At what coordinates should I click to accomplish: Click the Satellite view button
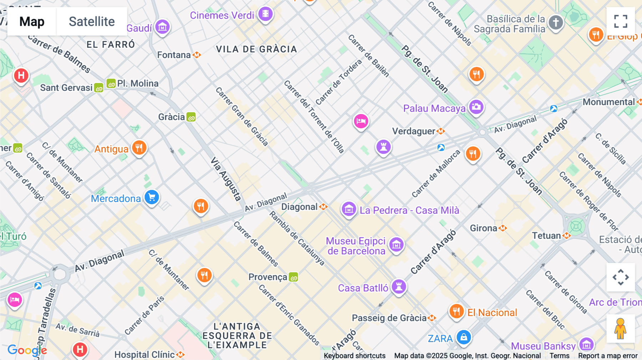pos(92,21)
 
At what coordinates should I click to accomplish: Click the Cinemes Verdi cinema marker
pos(265,14)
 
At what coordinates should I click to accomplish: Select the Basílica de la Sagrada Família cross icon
pos(555,22)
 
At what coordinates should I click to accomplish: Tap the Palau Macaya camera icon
pos(476,107)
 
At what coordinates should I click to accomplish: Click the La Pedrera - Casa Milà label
pos(409,210)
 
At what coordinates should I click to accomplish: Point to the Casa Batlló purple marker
pos(399,286)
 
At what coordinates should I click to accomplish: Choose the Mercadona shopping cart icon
pos(152,197)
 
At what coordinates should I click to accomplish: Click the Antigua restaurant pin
pos(139,148)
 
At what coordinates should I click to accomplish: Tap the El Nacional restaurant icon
pos(456,312)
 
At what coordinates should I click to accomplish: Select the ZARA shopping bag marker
pos(464,337)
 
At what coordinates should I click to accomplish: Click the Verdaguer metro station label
pos(414,131)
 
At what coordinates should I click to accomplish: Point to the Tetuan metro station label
pos(546,236)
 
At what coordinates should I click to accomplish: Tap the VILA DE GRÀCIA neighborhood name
pos(256,49)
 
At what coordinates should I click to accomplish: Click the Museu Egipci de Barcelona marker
pos(396,245)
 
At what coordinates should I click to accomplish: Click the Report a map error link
pos(608,356)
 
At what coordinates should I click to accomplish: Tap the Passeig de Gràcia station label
pos(389,318)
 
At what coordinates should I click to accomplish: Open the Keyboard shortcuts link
pos(355,356)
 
